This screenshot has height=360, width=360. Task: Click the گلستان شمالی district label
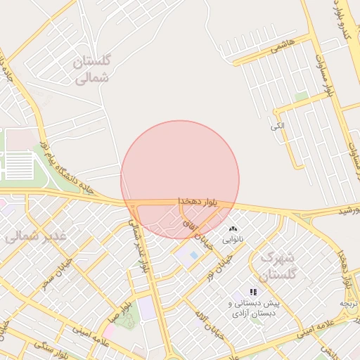[x=91, y=70]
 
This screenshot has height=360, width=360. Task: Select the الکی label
[x=278, y=126]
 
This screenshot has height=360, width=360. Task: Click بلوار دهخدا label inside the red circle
[x=198, y=202]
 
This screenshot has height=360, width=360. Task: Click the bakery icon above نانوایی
[x=233, y=229]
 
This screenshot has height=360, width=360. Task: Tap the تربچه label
[x=349, y=303]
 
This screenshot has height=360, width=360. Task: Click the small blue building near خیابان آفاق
[x=193, y=255]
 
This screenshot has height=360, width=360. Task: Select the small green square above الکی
[x=302, y=96]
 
